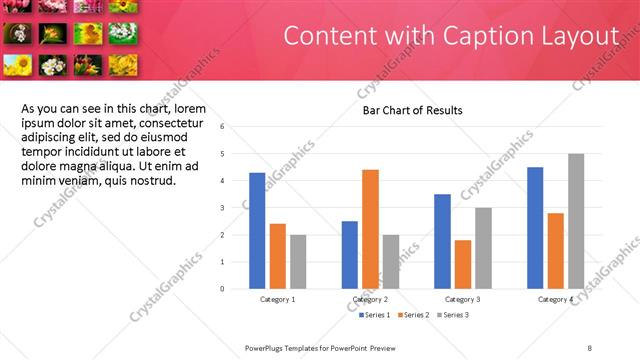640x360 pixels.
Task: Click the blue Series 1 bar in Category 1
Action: (x=257, y=231)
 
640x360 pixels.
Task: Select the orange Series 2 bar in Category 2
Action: (x=370, y=229)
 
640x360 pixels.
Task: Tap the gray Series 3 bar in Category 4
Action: (x=576, y=221)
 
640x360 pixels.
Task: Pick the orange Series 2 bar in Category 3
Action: (x=462, y=264)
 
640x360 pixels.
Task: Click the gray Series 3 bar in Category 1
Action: (x=298, y=262)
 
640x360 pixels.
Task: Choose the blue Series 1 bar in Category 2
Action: (x=349, y=255)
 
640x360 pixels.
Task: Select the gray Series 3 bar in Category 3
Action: (x=483, y=248)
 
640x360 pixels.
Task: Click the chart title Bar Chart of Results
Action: (x=412, y=110)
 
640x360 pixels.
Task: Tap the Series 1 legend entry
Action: (x=376, y=315)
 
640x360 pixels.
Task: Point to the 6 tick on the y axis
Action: (x=236, y=127)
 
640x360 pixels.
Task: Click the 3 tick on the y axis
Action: (x=236, y=208)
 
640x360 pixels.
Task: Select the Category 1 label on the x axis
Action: (x=277, y=300)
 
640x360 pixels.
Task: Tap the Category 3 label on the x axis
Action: (x=463, y=300)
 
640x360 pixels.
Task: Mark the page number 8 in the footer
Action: (x=590, y=347)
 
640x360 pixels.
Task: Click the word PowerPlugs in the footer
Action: (x=266, y=347)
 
